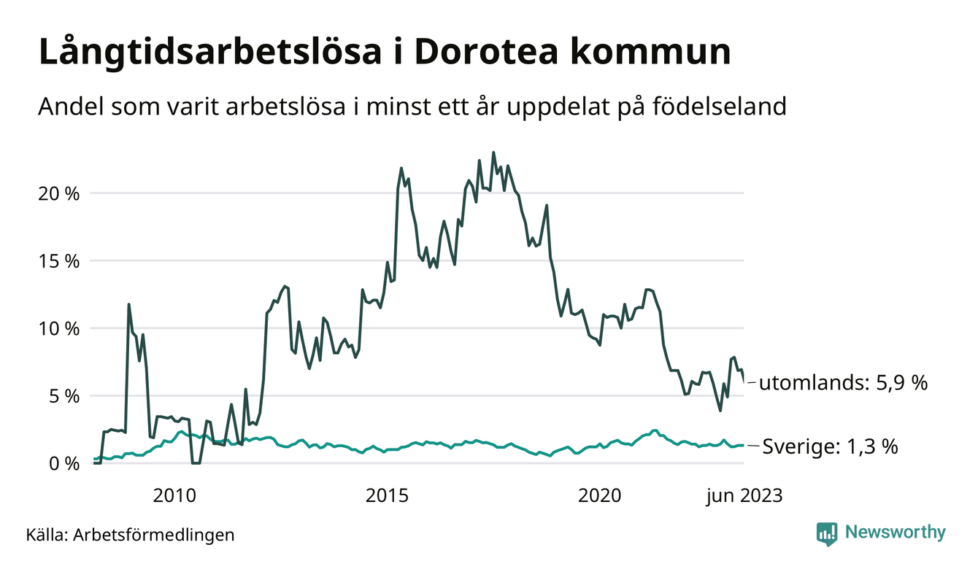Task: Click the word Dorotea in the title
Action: pyautogui.click(x=475, y=53)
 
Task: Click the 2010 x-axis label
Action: pyautogui.click(x=175, y=496)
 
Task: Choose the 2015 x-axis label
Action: pyautogui.click(x=387, y=496)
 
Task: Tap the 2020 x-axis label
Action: pyautogui.click(x=600, y=496)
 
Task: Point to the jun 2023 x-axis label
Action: pyautogui.click(x=744, y=496)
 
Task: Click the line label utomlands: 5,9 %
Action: pyautogui.click(x=843, y=382)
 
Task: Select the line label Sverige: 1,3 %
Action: pyautogui.click(x=830, y=446)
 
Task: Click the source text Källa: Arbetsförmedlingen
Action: pyautogui.click(x=130, y=535)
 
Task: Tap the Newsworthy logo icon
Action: pyautogui.click(x=827, y=533)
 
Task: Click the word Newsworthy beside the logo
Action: pyautogui.click(x=895, y=533)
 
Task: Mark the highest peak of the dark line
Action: pyautogui.click(x=493, y=152)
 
